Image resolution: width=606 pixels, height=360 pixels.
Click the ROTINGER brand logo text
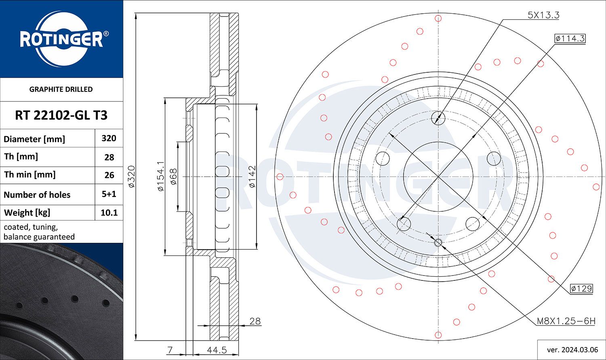(x=61, y=40)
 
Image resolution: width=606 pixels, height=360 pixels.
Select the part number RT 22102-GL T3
(x=61, y=115)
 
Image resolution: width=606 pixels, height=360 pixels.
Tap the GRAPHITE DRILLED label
(x=61, y=89)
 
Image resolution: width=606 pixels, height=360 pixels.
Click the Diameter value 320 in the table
(x=109, y=138)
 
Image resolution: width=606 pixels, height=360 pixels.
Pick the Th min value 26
(x=109, y=175)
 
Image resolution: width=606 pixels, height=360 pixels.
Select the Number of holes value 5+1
(x=109, y=194)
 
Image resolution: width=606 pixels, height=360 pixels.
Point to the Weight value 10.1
(x=109, y=213)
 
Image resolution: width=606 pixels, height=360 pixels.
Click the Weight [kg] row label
(x=27, y=213)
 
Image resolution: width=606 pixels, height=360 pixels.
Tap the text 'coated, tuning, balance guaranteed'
(x=39, y=232)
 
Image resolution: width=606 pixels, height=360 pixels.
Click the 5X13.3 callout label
(x=543, y=15)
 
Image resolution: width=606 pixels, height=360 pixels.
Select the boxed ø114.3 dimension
(x=570, y=38)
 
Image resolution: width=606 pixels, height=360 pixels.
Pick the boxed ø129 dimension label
(x=581, y=288)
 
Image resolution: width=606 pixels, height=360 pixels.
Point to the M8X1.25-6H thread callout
(x=566, y=321)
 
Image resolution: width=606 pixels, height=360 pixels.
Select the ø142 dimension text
(x=252, y=177)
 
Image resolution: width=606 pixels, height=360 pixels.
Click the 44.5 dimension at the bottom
(x=217, y=350)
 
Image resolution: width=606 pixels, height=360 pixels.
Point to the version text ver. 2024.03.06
(x=572, y=349)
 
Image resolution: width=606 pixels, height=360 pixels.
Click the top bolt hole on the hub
(x=438, y=118)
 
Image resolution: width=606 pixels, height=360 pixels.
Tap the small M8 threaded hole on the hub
(x=438, y=242)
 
